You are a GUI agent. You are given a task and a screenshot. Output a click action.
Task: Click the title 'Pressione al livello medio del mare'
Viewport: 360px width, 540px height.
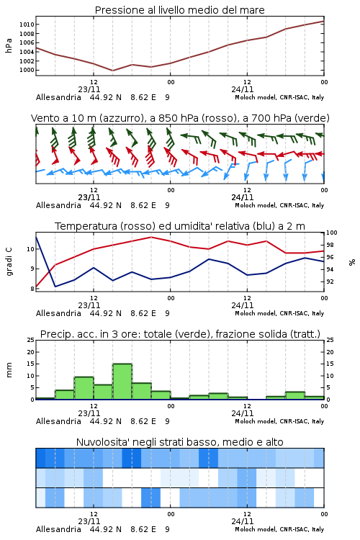click(x=179, y=10)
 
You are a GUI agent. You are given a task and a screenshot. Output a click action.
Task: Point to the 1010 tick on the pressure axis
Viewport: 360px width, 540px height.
click(x=27, y=24)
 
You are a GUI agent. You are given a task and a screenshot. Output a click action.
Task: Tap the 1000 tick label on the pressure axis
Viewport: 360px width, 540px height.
click(x=27, y=71)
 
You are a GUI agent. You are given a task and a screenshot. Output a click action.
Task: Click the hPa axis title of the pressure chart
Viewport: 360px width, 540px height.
click(x=9, y=45)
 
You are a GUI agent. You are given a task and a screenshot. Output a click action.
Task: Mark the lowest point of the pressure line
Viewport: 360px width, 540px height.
click(x=112, y=71)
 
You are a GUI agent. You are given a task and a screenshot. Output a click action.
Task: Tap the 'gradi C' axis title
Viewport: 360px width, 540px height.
click(x=9, y=261)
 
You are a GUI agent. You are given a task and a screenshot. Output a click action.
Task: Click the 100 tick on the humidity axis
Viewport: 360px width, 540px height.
click(x=332, y=233)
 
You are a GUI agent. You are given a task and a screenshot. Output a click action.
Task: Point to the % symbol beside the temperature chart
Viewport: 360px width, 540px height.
click(x=352, y=262)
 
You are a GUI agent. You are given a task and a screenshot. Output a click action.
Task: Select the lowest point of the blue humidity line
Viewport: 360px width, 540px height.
click(x=55, y=287)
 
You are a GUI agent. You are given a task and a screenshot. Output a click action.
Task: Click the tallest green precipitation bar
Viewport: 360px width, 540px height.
click(x=122, y=382)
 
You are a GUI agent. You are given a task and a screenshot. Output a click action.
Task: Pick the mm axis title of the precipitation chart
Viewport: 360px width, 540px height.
click(x=9, y=370)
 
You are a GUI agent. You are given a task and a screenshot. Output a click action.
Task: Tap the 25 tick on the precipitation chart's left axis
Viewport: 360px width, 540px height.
click(x=31, y=340)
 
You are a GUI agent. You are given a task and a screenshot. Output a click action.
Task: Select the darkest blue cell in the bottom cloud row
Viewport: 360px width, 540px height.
click(x=151, y=498)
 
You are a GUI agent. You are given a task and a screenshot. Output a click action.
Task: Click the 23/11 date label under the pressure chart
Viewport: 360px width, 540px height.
click(x=89, y=89)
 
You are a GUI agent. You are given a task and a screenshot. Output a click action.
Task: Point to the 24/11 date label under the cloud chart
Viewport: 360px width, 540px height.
click(x=243, y=521)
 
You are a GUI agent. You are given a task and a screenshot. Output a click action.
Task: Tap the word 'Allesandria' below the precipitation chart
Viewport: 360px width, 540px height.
click(x=58, y=421)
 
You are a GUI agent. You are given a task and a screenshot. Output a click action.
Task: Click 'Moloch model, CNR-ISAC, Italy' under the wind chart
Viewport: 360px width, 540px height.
click(x=279, y=205)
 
